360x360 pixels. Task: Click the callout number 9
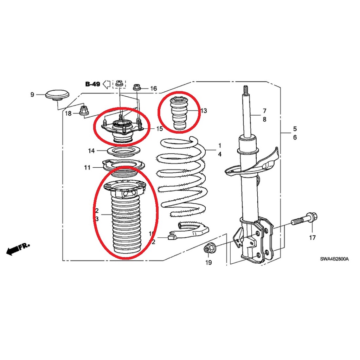(x=32, y=94)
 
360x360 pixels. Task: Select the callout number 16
(x=153, y=88)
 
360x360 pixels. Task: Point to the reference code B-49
(x=93, y=84)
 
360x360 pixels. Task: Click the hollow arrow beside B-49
(x=107, y=84)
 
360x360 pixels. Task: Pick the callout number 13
(x=204, y=111)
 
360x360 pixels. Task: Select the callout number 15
(x=159, y=129)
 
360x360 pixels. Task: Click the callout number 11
(x=87, y=168)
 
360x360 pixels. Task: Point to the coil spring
(x=181, y=177)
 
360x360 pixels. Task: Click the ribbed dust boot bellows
(x=127, y=218)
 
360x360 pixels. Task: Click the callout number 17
(x=312, y=237)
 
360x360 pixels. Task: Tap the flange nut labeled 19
(x=208, y=249)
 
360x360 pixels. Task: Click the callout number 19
(x=208, y=262)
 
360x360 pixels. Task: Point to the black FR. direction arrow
(x=18, y=249)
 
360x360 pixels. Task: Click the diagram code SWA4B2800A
(x=334, y=259)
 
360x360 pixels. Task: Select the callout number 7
(x=264, y=111)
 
